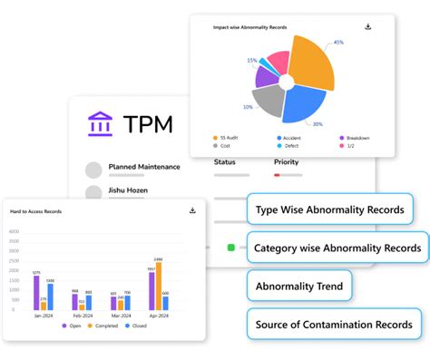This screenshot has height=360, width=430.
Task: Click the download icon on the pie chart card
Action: (367, 27)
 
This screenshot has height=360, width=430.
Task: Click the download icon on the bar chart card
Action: (192, 210)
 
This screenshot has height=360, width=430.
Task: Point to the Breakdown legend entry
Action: (357, 137)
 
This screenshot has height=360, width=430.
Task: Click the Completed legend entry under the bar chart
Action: (106, 325)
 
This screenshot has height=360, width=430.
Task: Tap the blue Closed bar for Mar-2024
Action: (127, 303)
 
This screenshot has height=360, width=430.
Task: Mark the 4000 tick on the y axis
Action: (14, 230)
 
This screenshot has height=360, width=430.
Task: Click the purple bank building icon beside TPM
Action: (101, 123)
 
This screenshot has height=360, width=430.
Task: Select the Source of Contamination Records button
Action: (333, 324)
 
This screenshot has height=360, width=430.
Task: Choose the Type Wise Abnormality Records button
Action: (329, 209)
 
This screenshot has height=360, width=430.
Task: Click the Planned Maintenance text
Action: (143, 167)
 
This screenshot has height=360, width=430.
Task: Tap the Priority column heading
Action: (286, 162)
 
